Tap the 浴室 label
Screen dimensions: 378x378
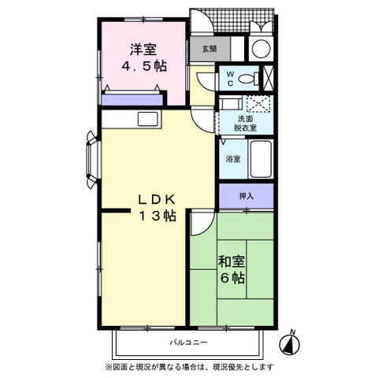[233, 158]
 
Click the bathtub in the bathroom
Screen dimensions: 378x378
[261, 161]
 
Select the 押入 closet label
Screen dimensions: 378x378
[246, 196]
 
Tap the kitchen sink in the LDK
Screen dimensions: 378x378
[148, 120]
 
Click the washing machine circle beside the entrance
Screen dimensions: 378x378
[261, 47]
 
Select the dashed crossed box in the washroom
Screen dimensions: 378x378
[258, 103]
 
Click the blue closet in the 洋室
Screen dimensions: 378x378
[132, 99]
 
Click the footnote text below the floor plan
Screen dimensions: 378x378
[188, 367]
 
